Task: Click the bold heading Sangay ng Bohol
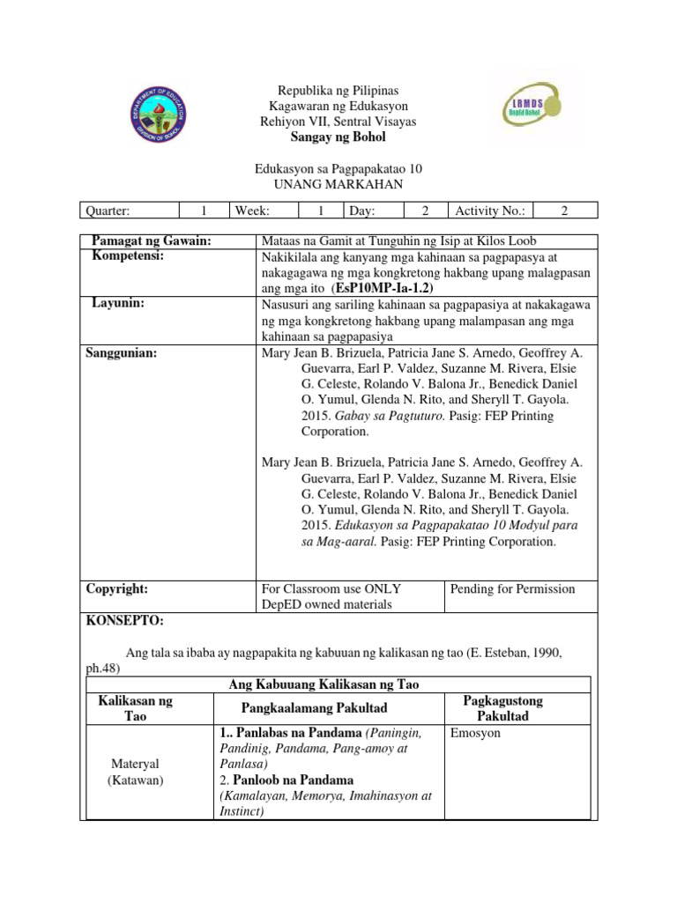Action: [338, 137]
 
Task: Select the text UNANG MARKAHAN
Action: [338, 183]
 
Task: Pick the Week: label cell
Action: [252, 211]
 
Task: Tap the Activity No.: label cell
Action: [490, 211]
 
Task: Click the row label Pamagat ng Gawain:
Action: [152, 241]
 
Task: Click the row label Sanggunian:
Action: [122, 353]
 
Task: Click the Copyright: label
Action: [116, 588]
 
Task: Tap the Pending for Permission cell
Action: [512, 588]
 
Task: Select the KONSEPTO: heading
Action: [124, 620]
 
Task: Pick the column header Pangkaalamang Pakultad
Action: [328, 708]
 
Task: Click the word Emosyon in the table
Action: [473, 733]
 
